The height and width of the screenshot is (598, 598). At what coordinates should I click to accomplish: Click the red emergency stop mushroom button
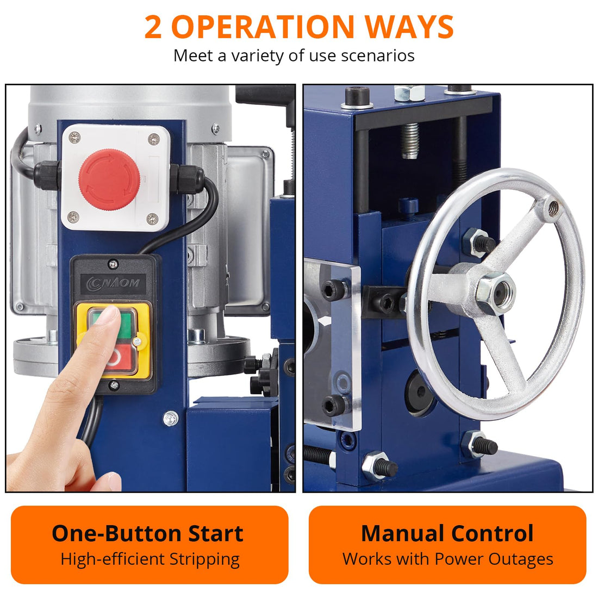click(x=109, y=179)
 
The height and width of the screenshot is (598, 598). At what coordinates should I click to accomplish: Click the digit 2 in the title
click(x=153, y=27)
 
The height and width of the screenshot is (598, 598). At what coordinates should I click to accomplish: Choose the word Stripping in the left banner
click(x=204, y=560)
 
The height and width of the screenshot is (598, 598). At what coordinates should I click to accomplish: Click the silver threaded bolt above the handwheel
click(x=410, y=140)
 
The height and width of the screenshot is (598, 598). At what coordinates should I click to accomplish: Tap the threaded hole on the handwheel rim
click(x=553, y=208)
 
